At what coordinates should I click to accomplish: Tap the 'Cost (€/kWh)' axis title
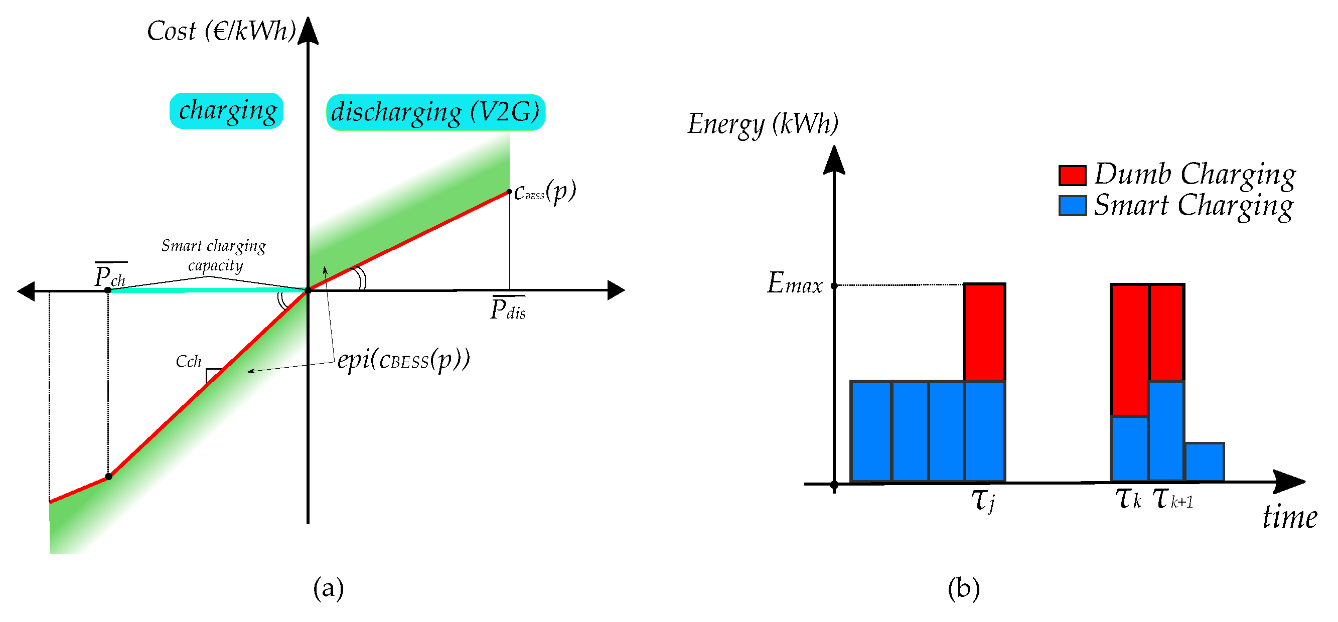click(221, 31)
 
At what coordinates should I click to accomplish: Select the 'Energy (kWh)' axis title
click(763, 124)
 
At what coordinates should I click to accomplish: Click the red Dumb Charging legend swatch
click(1072, 176)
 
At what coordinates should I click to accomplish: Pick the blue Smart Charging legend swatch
click(1072, 206)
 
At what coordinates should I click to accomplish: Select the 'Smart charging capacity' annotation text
click(214, 255)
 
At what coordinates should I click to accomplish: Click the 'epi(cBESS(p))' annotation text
click(403, 360)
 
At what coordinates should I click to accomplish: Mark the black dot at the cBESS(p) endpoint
click(509, 192)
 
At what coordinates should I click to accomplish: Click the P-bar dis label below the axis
click(508, 309)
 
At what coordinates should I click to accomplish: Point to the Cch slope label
click(188, 362)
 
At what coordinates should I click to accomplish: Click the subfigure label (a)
click(328, 589)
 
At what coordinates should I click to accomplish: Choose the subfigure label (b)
click(964, 589)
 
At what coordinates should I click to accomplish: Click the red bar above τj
click(984, 332)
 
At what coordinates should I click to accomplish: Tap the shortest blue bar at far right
click(1204, 462)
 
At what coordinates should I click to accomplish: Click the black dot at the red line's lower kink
click(108, 477)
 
